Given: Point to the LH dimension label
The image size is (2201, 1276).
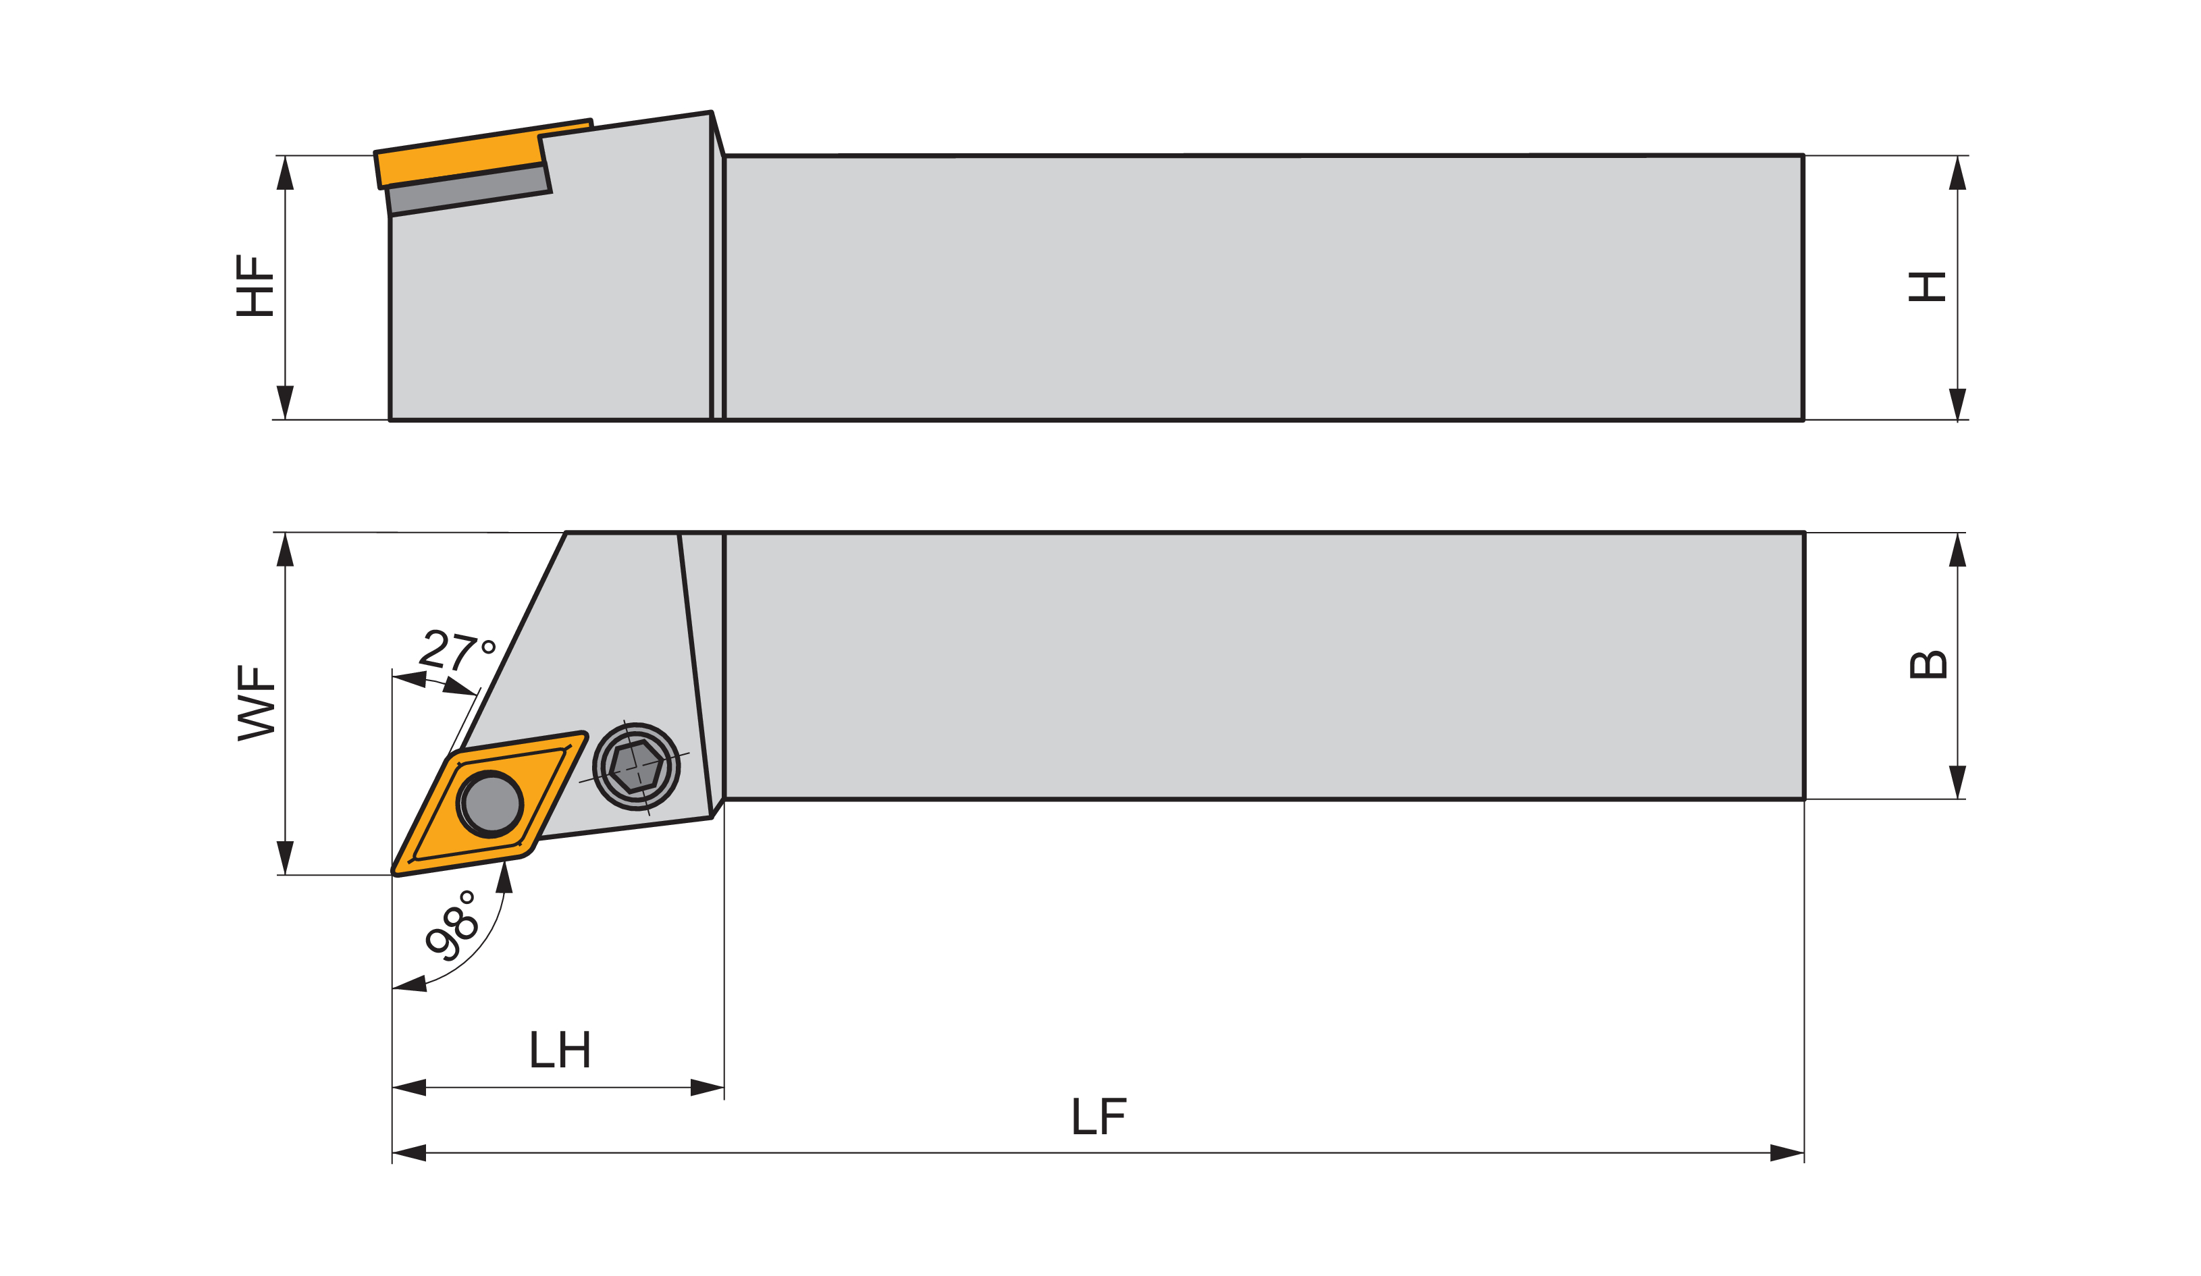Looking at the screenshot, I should click(560, 1049).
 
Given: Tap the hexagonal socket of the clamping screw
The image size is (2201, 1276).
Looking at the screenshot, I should click(636, 766).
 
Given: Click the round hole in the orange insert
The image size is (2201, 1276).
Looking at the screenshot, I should click(491, 804).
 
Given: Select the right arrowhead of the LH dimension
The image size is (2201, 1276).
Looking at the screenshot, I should click(708, 1088).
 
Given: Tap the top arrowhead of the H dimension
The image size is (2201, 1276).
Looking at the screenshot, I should click(1957, 173).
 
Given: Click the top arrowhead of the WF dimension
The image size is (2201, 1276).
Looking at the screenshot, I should click(285, 550).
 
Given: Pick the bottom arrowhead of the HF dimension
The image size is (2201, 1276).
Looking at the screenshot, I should click(285, 402).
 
